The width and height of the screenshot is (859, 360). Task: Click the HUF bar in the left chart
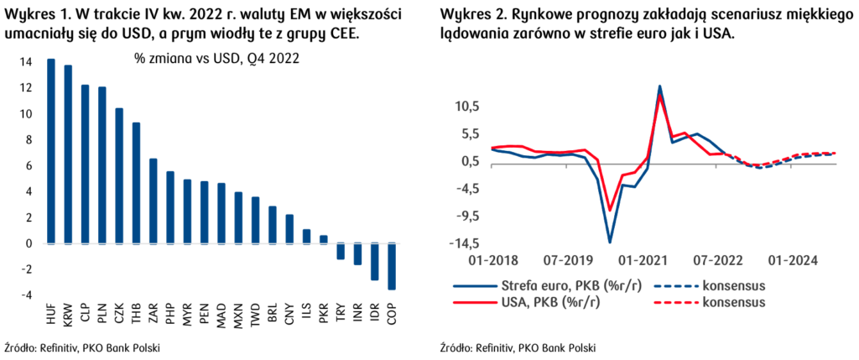(51, 152)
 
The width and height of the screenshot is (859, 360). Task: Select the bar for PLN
(102, 165)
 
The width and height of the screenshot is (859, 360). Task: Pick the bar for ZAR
(154, 201)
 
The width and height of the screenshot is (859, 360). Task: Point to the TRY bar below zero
(341, 251)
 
